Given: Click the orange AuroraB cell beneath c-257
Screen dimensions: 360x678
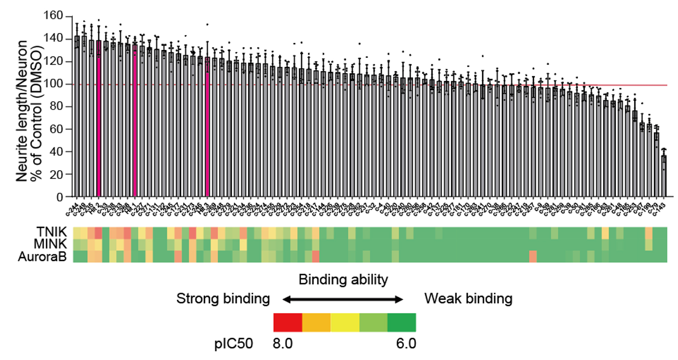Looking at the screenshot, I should (533, 256).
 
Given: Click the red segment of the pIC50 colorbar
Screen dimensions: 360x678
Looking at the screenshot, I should (287, 323).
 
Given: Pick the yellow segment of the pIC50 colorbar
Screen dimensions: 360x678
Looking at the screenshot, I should (345, 323).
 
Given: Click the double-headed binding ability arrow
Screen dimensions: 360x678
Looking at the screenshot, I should (342, 299).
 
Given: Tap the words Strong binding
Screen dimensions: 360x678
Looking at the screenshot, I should (223, 299).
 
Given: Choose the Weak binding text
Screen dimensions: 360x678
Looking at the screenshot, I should (468, 299).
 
